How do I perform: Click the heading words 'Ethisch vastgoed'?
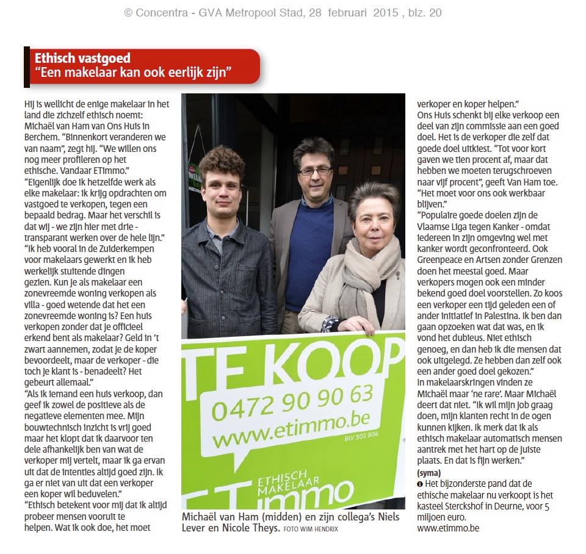click(x=82, y=59)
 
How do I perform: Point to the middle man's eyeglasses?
click(x=315, y=171)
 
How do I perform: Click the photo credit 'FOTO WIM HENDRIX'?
click(x=311, y=529)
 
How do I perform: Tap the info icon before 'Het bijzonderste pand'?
click(x=420, y=484)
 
